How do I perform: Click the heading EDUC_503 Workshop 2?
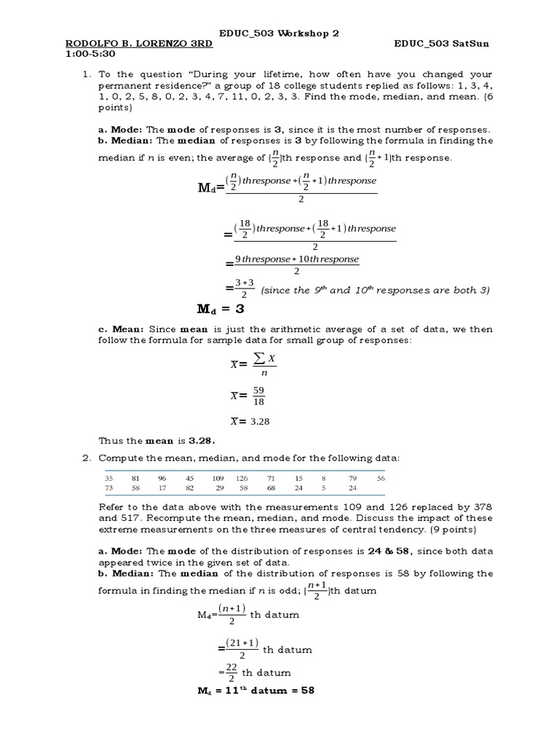coord(279,33)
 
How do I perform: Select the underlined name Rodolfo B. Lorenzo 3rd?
coord(139,44)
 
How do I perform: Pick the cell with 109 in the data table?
coord(218,478)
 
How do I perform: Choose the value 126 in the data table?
coord(242,478)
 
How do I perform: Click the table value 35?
coord(110,478)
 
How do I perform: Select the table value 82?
coord(189,488)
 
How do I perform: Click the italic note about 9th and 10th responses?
coord(373,290)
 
